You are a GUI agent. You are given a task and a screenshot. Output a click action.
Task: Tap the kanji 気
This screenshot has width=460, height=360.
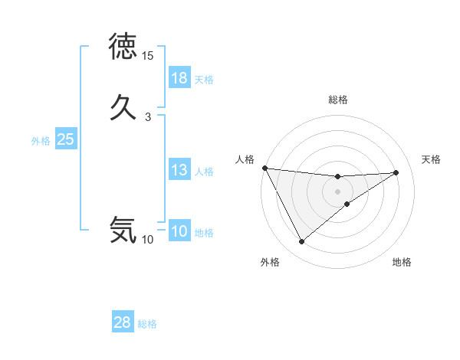click(123, 229)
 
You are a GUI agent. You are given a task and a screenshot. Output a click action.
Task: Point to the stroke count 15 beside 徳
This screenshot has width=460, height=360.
click(148, 56)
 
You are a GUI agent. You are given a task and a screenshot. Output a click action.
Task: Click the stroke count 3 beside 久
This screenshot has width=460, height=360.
click(148, 116)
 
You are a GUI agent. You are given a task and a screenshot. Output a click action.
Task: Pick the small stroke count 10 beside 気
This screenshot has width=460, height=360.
click(148, 240)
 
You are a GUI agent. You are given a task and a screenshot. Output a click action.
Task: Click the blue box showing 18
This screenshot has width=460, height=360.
click(179, 78)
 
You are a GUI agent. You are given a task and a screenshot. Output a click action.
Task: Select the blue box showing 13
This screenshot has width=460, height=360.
click(179, 170)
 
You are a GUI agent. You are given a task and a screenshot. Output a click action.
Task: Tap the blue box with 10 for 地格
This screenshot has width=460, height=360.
click(179, 232)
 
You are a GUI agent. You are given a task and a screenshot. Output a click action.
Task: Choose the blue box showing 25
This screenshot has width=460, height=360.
click(66, 139)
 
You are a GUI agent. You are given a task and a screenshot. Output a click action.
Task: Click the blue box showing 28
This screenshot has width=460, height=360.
click(123, 322)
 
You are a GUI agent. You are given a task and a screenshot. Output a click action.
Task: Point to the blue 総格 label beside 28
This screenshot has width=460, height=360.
click(147, 323)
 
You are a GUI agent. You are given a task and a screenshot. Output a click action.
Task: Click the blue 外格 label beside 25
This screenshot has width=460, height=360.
click(41, 140)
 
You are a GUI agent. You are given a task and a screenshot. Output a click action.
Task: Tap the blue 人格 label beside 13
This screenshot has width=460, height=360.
click(204, 171)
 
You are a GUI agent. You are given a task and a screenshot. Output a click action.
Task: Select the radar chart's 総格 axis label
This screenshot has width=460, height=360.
click(337, 100)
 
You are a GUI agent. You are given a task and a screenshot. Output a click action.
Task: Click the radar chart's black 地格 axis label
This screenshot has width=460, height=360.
click(402, 263)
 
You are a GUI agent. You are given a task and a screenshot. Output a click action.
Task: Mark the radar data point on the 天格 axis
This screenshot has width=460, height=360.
click(396, 172)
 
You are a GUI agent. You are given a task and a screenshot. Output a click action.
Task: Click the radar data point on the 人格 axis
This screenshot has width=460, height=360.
click(264, 168)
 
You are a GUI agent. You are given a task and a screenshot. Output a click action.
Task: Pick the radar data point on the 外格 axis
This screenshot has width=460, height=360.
click(301, 241)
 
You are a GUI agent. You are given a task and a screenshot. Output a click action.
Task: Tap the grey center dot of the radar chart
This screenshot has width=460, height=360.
click(337, 191)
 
